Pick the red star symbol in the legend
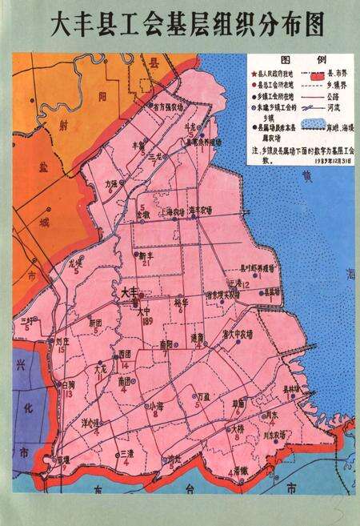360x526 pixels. pyautogui.click(x=253, y=72)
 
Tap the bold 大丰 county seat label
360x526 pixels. pyautogui.click(x=129, y=294)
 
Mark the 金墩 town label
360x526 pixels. pyautogui.click(x=142, y=215)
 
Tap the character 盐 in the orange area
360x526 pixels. pyautogui.click(x=42, y=167)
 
